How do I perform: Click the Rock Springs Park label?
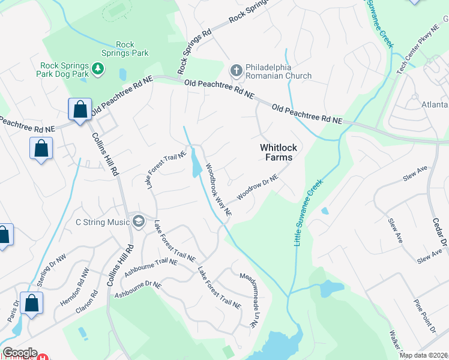point(132,49)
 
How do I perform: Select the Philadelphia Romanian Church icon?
point(236,71)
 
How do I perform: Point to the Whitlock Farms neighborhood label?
point(276,152)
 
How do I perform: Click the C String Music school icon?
point(139,222)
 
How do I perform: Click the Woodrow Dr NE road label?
point(258,188)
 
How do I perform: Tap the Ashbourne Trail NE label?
point(151,266)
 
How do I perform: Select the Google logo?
point(19,353)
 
